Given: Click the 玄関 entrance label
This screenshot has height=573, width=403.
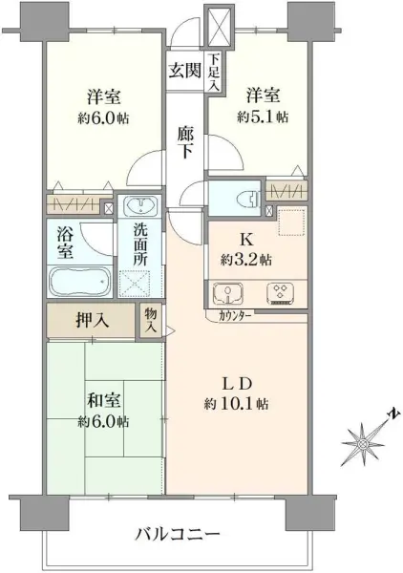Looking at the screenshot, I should point(186,70).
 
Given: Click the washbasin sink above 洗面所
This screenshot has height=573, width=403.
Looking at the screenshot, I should point(140,207).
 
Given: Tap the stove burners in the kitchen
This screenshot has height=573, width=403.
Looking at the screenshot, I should point(283,293).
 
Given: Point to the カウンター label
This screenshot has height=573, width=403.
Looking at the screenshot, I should point(236,315).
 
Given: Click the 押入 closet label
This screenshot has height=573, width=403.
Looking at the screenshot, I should point(93,321).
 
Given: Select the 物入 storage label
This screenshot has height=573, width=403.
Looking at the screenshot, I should point(152,320).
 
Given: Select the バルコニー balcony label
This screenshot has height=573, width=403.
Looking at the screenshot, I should point(177,532).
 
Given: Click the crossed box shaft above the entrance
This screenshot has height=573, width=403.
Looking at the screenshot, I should point(218,21).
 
